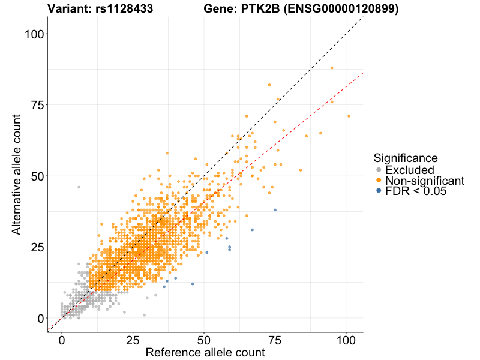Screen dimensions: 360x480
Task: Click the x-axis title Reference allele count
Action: click(x=205, y=353)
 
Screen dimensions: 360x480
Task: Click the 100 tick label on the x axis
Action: click(x=346, y=340)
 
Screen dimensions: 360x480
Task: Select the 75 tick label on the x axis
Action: click(x=275, y=340)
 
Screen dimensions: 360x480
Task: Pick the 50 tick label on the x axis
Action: click(x=204, y=340)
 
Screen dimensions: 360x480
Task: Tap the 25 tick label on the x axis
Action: click(x=133, y=340)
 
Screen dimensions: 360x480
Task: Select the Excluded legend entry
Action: click(x=409, y=170)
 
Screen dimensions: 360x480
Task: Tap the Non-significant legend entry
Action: click(x=424, y=181)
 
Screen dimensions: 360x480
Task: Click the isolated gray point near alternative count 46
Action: click(x=79, y=187)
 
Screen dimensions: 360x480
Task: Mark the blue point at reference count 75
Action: click(x=275, y=210)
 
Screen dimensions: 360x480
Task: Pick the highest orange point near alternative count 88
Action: click(x=332, y=68)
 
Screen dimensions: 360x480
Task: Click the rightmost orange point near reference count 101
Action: click(x=349, y=116)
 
